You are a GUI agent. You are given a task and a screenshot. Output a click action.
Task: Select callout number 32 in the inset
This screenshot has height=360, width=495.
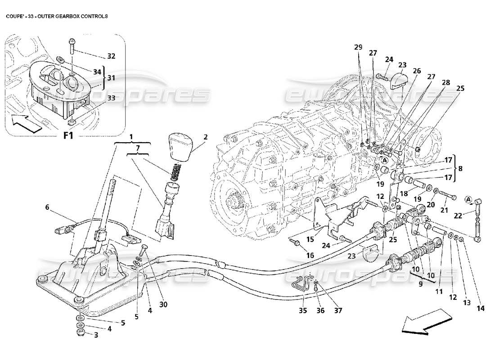tap(111, 56)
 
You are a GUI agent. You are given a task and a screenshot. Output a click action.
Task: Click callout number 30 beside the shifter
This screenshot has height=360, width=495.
tap(163, 304)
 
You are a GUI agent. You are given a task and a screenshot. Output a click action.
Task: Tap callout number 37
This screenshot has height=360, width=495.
tap(338, 310)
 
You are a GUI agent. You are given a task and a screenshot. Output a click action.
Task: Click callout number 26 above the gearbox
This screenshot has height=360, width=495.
tap(416, 71)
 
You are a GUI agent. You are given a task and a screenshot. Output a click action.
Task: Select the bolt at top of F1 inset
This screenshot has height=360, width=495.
tap(72, 45)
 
